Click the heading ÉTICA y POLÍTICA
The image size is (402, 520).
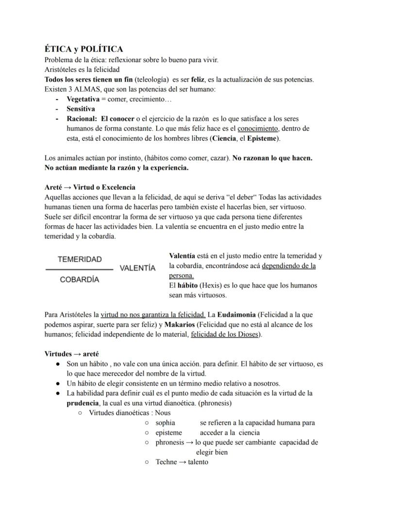(84, 49)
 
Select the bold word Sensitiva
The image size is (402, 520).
(81, 109)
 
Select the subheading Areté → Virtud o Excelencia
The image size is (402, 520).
(90, 187)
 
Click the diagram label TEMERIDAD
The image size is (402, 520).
(80, 259)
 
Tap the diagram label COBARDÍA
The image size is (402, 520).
(80, 279)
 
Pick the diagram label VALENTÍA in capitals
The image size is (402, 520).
(137, 268)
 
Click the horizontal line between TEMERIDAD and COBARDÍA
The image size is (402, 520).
(79, 269)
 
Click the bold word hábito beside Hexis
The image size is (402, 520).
(187, 285)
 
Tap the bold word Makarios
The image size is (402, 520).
(179, 324)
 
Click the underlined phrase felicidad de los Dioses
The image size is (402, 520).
(225, 334)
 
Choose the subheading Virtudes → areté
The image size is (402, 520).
(71, 354)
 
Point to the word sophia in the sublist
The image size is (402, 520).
(165, 423)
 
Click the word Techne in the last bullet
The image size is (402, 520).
(166, 462)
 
